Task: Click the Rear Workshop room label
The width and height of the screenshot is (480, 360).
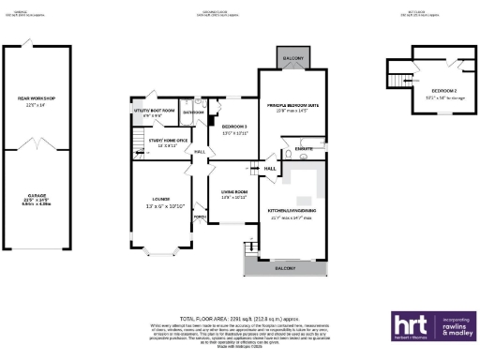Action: coord(36,99)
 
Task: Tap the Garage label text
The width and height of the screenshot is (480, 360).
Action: coord(36,197)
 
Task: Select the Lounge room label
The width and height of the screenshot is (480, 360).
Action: coord(158,202)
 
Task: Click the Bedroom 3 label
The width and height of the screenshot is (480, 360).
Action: coord(233,127)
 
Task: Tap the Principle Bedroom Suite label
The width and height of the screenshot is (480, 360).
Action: coord(294,107)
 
